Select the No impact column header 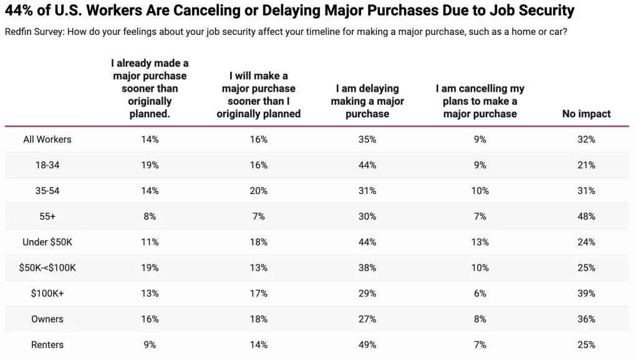pos(586,114)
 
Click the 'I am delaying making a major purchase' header pos(367,101)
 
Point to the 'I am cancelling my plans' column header pos(480,101)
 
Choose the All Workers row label pos(47,140)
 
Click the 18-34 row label pos(47,165)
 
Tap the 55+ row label pos(47,216)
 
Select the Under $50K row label pos(47,242)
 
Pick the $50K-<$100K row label pos(47,268)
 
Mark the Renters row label pos(47,344)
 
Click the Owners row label pos(47,319)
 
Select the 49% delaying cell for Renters pos(367,344)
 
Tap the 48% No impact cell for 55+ pos(586,216)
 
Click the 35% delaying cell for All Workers pos(367,140)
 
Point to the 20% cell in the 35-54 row pos(259,191)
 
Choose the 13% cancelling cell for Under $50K pos(480,242)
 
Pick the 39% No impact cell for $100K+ pos(586,293)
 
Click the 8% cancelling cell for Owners pos(480,319)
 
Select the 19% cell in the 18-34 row pos(150,165)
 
